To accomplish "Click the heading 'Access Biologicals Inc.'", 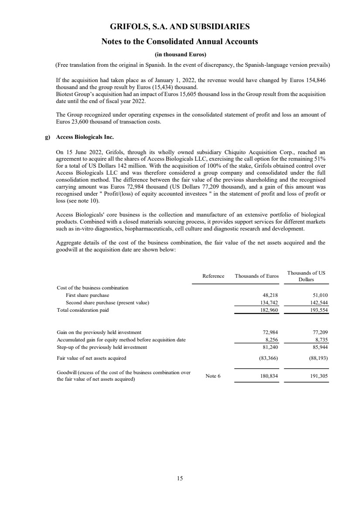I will pos(85,137).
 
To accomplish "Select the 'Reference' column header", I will pos(213,276).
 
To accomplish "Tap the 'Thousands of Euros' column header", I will pos(257,276).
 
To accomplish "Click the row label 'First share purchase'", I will pos(87,295).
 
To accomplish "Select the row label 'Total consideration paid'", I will pos(82,310).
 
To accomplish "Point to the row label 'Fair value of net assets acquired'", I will pos(91,358).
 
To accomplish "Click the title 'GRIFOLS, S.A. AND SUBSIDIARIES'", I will pos(180,27).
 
